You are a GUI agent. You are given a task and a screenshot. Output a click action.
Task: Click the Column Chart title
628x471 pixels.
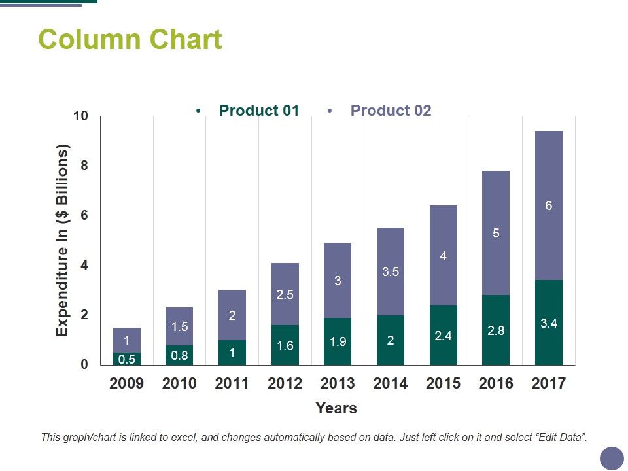(130, 40)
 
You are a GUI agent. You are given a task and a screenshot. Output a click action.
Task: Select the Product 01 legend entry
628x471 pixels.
(258, 111)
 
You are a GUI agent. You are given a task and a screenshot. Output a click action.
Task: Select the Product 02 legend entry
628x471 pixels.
(391, 111)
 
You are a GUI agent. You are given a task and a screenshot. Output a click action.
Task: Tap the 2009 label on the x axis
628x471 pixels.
(126, 384)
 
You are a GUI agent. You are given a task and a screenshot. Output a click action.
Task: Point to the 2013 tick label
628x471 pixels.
(338, 384)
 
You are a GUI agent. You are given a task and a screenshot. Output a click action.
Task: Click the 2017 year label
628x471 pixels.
(548, 384)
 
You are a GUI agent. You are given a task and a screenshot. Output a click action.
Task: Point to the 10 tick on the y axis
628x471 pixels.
(80, 116)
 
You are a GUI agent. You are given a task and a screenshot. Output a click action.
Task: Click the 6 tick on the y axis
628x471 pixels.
(84, 216)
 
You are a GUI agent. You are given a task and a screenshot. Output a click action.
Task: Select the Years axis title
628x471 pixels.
(336, 409)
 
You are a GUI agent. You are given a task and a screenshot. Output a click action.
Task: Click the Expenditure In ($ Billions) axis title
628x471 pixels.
(62, 241)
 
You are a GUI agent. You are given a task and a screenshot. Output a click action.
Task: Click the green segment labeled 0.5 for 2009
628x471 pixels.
(126, 358)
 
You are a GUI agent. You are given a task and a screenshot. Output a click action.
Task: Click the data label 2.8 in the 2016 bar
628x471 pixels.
(496, 331)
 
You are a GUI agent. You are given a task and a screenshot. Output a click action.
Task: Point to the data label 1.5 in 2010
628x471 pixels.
(179, 326)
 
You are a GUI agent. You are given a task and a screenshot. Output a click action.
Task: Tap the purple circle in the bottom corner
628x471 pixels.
(612, 458)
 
